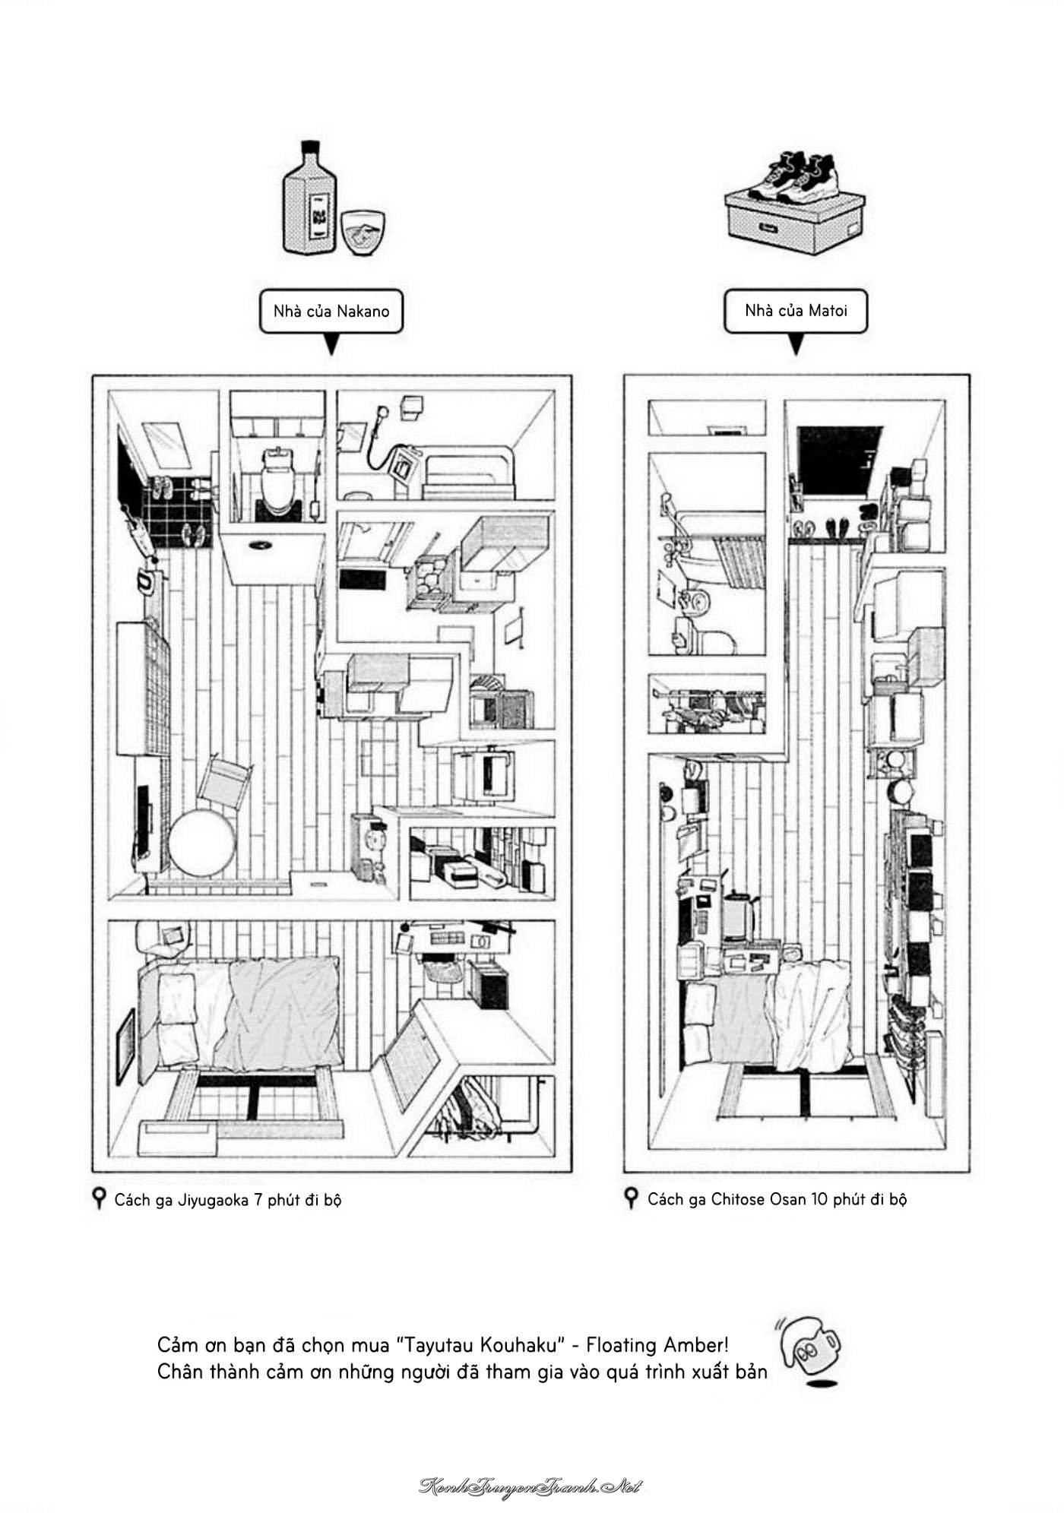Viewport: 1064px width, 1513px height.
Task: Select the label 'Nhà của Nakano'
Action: (331, 311)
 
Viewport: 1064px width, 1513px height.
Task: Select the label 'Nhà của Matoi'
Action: (796, 310)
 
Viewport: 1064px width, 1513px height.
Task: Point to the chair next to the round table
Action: (224, 782)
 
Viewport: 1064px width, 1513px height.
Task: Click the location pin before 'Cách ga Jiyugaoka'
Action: (98, 1200)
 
